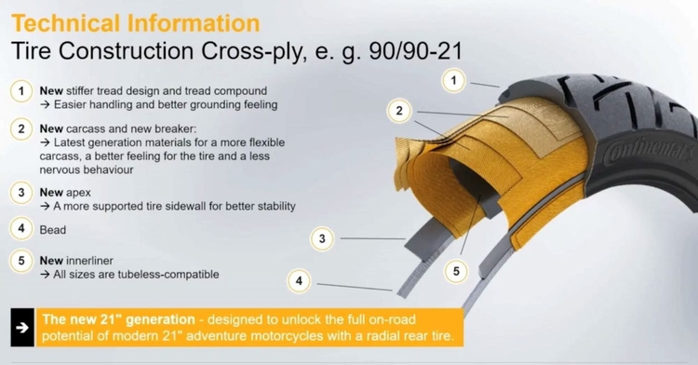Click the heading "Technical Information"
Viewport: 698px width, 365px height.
pos(136,23)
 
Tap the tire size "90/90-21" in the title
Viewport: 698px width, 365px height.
pos(416,50)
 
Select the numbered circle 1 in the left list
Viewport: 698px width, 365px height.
pos(21,91)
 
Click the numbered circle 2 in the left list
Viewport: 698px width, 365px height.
pos(21,129)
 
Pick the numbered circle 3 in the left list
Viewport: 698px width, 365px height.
pos(21,193)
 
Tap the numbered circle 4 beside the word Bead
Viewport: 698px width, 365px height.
pos(21,229)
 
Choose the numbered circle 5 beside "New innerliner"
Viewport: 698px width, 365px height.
pos(21,261)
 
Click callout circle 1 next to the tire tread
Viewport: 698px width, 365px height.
pos(453,81)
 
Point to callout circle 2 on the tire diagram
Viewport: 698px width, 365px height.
pos(399,111)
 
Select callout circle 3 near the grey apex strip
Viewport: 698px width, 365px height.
pos(322,239)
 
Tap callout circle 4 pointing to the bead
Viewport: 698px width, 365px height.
pos(299,281)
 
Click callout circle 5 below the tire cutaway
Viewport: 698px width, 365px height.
pos(456,271)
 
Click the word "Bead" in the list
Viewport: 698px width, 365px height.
pos(53,230)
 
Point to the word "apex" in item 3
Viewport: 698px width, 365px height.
pos(78,193)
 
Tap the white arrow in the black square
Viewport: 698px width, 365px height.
pos(21,328)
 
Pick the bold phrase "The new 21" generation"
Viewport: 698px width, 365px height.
pos(119,319)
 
